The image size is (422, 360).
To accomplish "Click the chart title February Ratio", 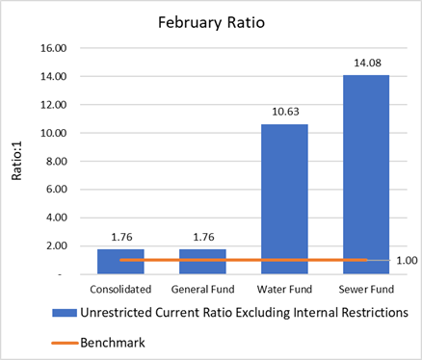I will point(210,20).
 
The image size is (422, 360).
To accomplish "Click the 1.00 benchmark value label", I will point(407,260).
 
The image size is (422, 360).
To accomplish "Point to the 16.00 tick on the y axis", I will point(53,48).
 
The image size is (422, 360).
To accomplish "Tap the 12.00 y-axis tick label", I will point(53,105).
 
